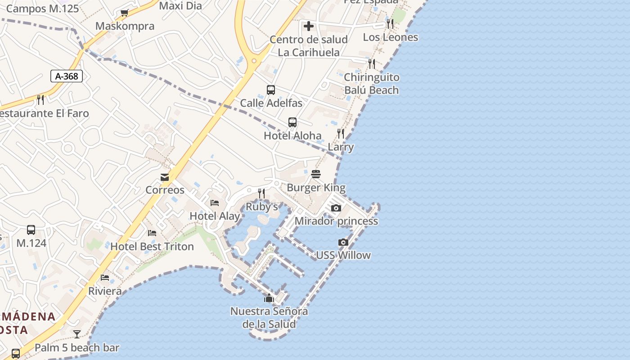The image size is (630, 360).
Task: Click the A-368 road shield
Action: point(67,76)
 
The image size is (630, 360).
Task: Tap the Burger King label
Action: point(316,188)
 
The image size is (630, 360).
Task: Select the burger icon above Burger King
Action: point(316,174)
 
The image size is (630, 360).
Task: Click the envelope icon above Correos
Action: point(165,177)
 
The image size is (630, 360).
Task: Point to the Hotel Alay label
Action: point(215,216)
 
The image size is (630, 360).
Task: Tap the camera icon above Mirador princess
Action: point(336,208)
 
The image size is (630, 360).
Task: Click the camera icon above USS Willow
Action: point(343,242)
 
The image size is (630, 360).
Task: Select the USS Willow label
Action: point(343,255)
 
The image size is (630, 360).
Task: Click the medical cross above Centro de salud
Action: point(309,26)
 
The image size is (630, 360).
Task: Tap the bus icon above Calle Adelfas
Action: point(271,90)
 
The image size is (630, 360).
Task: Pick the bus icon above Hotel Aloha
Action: point(292,122)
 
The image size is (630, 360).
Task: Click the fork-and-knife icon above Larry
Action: point(341,133)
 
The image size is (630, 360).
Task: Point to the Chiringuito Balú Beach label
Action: point(371,84)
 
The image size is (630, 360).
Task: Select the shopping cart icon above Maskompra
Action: point(125,13)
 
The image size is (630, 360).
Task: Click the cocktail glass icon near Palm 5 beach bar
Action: point(77,334)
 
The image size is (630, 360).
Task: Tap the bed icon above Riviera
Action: point(105,277)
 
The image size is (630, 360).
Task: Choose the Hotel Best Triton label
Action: point(152,247)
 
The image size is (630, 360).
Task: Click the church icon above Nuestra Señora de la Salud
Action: point(269,298)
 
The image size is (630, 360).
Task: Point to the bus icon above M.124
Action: point(31,229)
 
